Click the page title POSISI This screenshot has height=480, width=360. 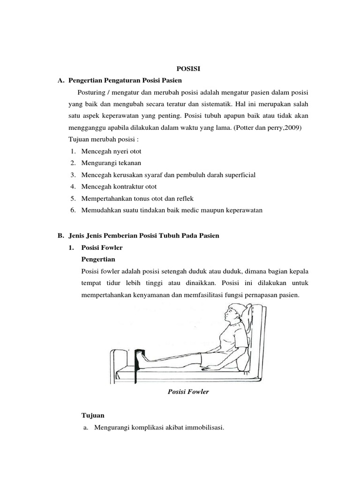(x=187, y=68)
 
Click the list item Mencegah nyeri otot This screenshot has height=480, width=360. (x=111, y=151)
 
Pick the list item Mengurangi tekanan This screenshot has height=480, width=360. (x=111, y=163)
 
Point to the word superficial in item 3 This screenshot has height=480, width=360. (x=236, y=175)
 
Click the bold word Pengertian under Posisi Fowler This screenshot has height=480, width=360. (x=98, y=259)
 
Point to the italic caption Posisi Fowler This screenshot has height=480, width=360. (x=188, y=392)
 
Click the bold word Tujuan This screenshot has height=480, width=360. (x=93, y=415)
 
